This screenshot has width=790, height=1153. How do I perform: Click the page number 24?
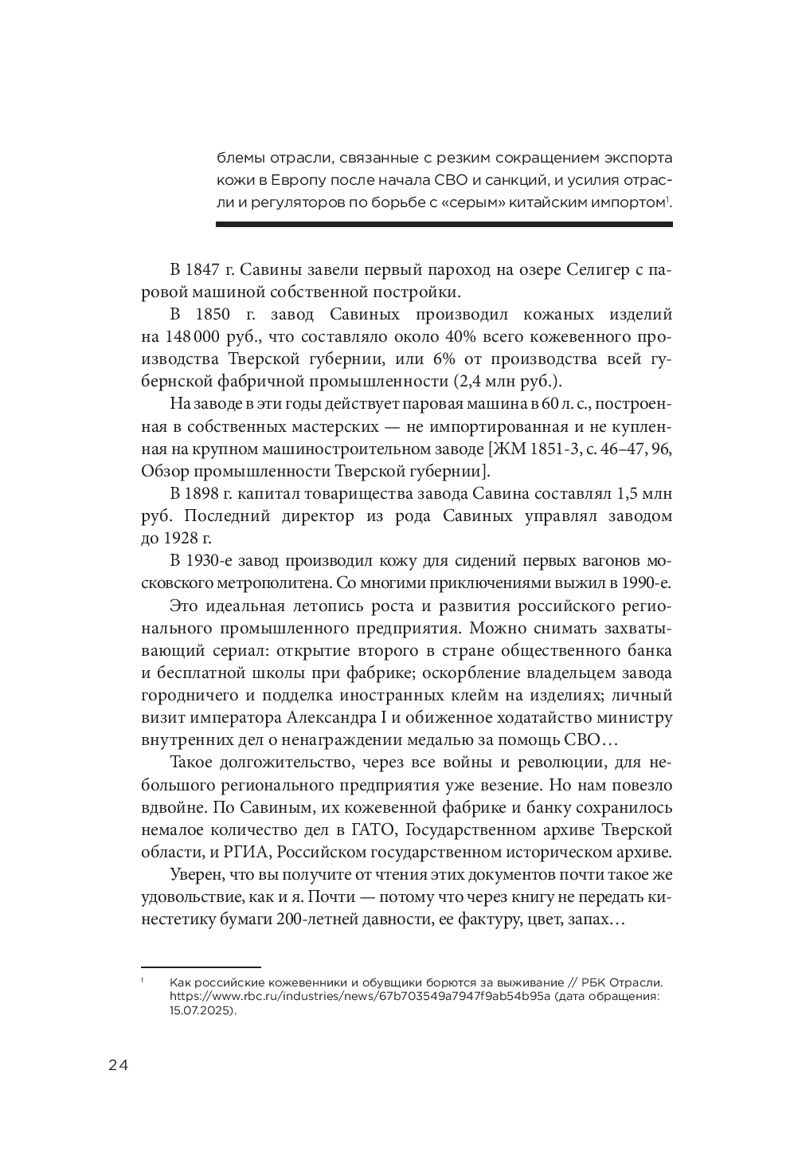(x=117, y=1066)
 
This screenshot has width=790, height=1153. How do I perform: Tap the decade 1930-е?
(x=213, y=561)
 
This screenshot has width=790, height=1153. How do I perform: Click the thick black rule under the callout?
(x=444, y=225)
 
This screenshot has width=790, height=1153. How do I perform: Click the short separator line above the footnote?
(x=173, y=967)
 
